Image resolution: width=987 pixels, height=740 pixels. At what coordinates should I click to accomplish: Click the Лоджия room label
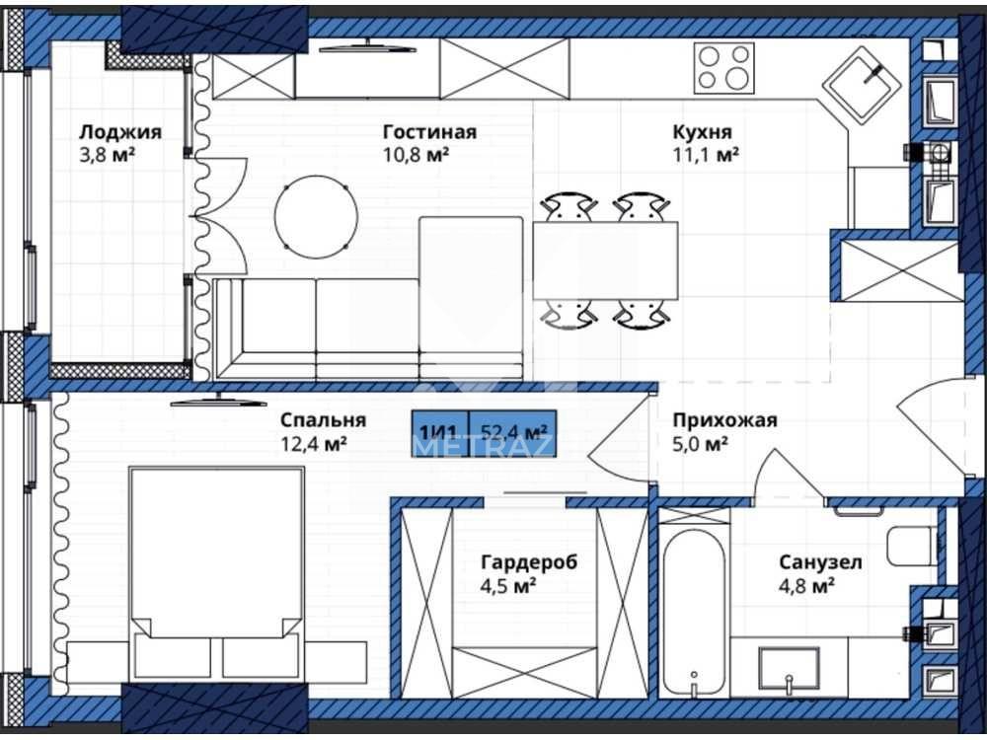point(120,132)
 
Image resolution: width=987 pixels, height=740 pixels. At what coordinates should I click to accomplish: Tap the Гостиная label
point(430,132)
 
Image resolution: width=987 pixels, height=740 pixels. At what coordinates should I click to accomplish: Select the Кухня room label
point(703,132)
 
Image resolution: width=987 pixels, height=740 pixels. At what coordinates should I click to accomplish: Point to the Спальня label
point(323,419)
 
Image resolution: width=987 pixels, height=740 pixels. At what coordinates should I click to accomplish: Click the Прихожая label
point(725,419)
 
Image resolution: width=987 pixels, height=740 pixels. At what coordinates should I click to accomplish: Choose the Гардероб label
point(529,561)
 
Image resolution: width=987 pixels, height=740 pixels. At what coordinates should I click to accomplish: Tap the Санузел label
point(821,561)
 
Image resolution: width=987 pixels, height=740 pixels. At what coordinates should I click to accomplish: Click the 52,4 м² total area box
point(512,433)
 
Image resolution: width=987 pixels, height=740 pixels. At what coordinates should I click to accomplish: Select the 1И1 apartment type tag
point(440,433)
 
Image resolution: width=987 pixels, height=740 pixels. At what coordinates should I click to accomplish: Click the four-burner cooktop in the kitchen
point(723,68)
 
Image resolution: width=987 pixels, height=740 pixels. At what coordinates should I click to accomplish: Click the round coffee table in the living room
point(316,216)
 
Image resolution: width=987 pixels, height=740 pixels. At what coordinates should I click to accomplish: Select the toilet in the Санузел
point(913,547)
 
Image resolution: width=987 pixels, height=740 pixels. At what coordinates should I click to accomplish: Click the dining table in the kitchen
point(606,260)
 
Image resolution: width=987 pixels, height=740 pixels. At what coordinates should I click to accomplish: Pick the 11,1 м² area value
point(705,155)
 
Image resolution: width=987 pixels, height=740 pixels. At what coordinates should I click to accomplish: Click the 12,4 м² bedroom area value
point(314,444)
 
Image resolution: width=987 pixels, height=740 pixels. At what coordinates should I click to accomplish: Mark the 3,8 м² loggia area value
point(107,155)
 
